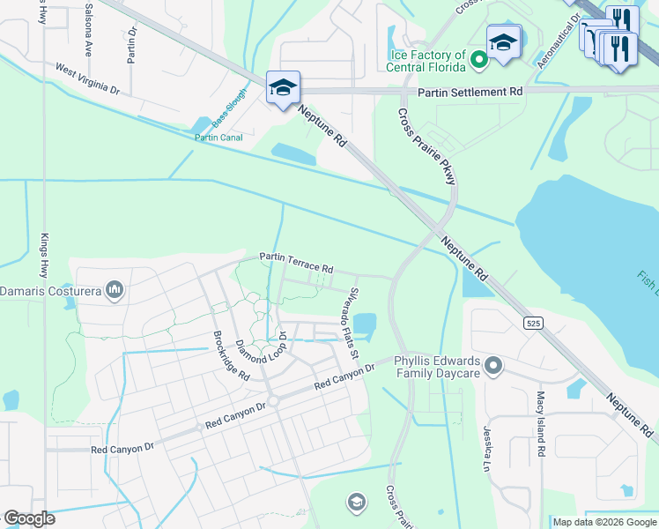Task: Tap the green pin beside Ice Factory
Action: coord(478,61)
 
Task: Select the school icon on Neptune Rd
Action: coord(283,88)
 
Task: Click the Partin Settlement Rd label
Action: coord(470,92)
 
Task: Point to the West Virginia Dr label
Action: coord(86,78)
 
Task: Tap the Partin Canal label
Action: coord(218,137)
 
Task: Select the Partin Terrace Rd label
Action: coord(296,262)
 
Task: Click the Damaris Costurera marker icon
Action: coord(114,290)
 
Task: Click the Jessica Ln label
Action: coord(485,449)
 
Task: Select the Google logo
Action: coord(29,518)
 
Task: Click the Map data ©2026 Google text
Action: coord(603,522)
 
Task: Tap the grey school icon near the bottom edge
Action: coord(356,503)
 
